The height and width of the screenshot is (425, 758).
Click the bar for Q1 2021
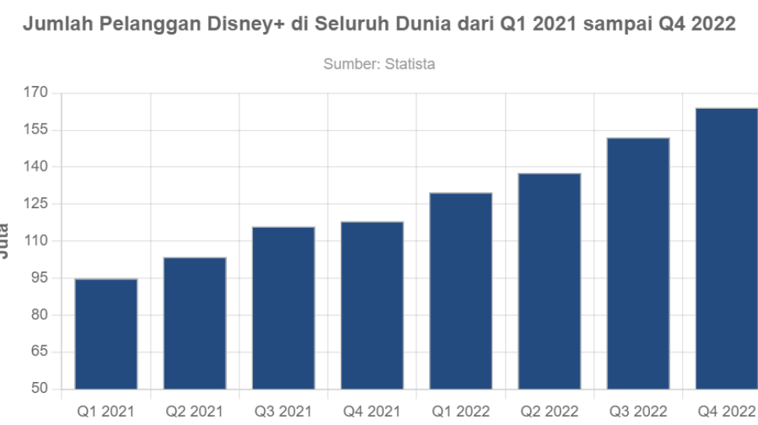[106, 333]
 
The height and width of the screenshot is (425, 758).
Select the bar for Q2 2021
[194, 322]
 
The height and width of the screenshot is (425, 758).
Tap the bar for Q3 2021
[283, 307]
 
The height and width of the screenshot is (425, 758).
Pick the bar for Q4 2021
[372, 304]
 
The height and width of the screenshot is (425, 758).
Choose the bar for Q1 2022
[460, 290]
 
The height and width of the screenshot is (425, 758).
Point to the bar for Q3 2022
[637, 262]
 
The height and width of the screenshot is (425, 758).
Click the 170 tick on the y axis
[38, 93]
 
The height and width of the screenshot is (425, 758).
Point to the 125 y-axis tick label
[38, 204]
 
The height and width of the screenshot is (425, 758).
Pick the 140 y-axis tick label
[38, 167]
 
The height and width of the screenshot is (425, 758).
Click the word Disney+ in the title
[244, 24]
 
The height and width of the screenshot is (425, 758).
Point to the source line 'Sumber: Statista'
[379, 64]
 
